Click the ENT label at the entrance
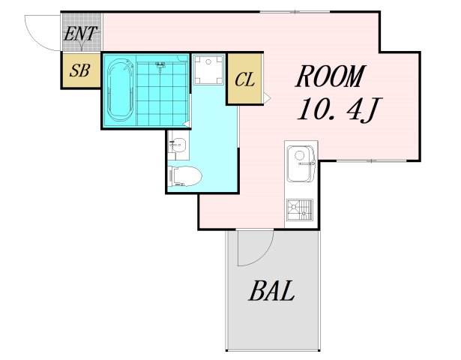tap(80, 34)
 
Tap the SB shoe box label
tap(79, 70)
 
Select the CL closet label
tap(244, 79)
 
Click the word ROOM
tap(331, 76)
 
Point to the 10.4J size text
tap(340, 109)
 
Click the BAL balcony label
tap(271, 290)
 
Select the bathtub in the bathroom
tap(120, 90)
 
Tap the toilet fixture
tap(184, 176)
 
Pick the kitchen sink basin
tap(301, 163)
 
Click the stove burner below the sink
tap(300, 209)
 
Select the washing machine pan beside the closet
tap(208, 70)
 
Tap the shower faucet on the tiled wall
tap(160, 66)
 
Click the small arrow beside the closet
tap(267, 97)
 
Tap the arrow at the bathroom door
tap(186, 124)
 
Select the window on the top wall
tap(295, 12)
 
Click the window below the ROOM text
tap(371, 161)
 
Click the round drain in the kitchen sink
tap(299, 154)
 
